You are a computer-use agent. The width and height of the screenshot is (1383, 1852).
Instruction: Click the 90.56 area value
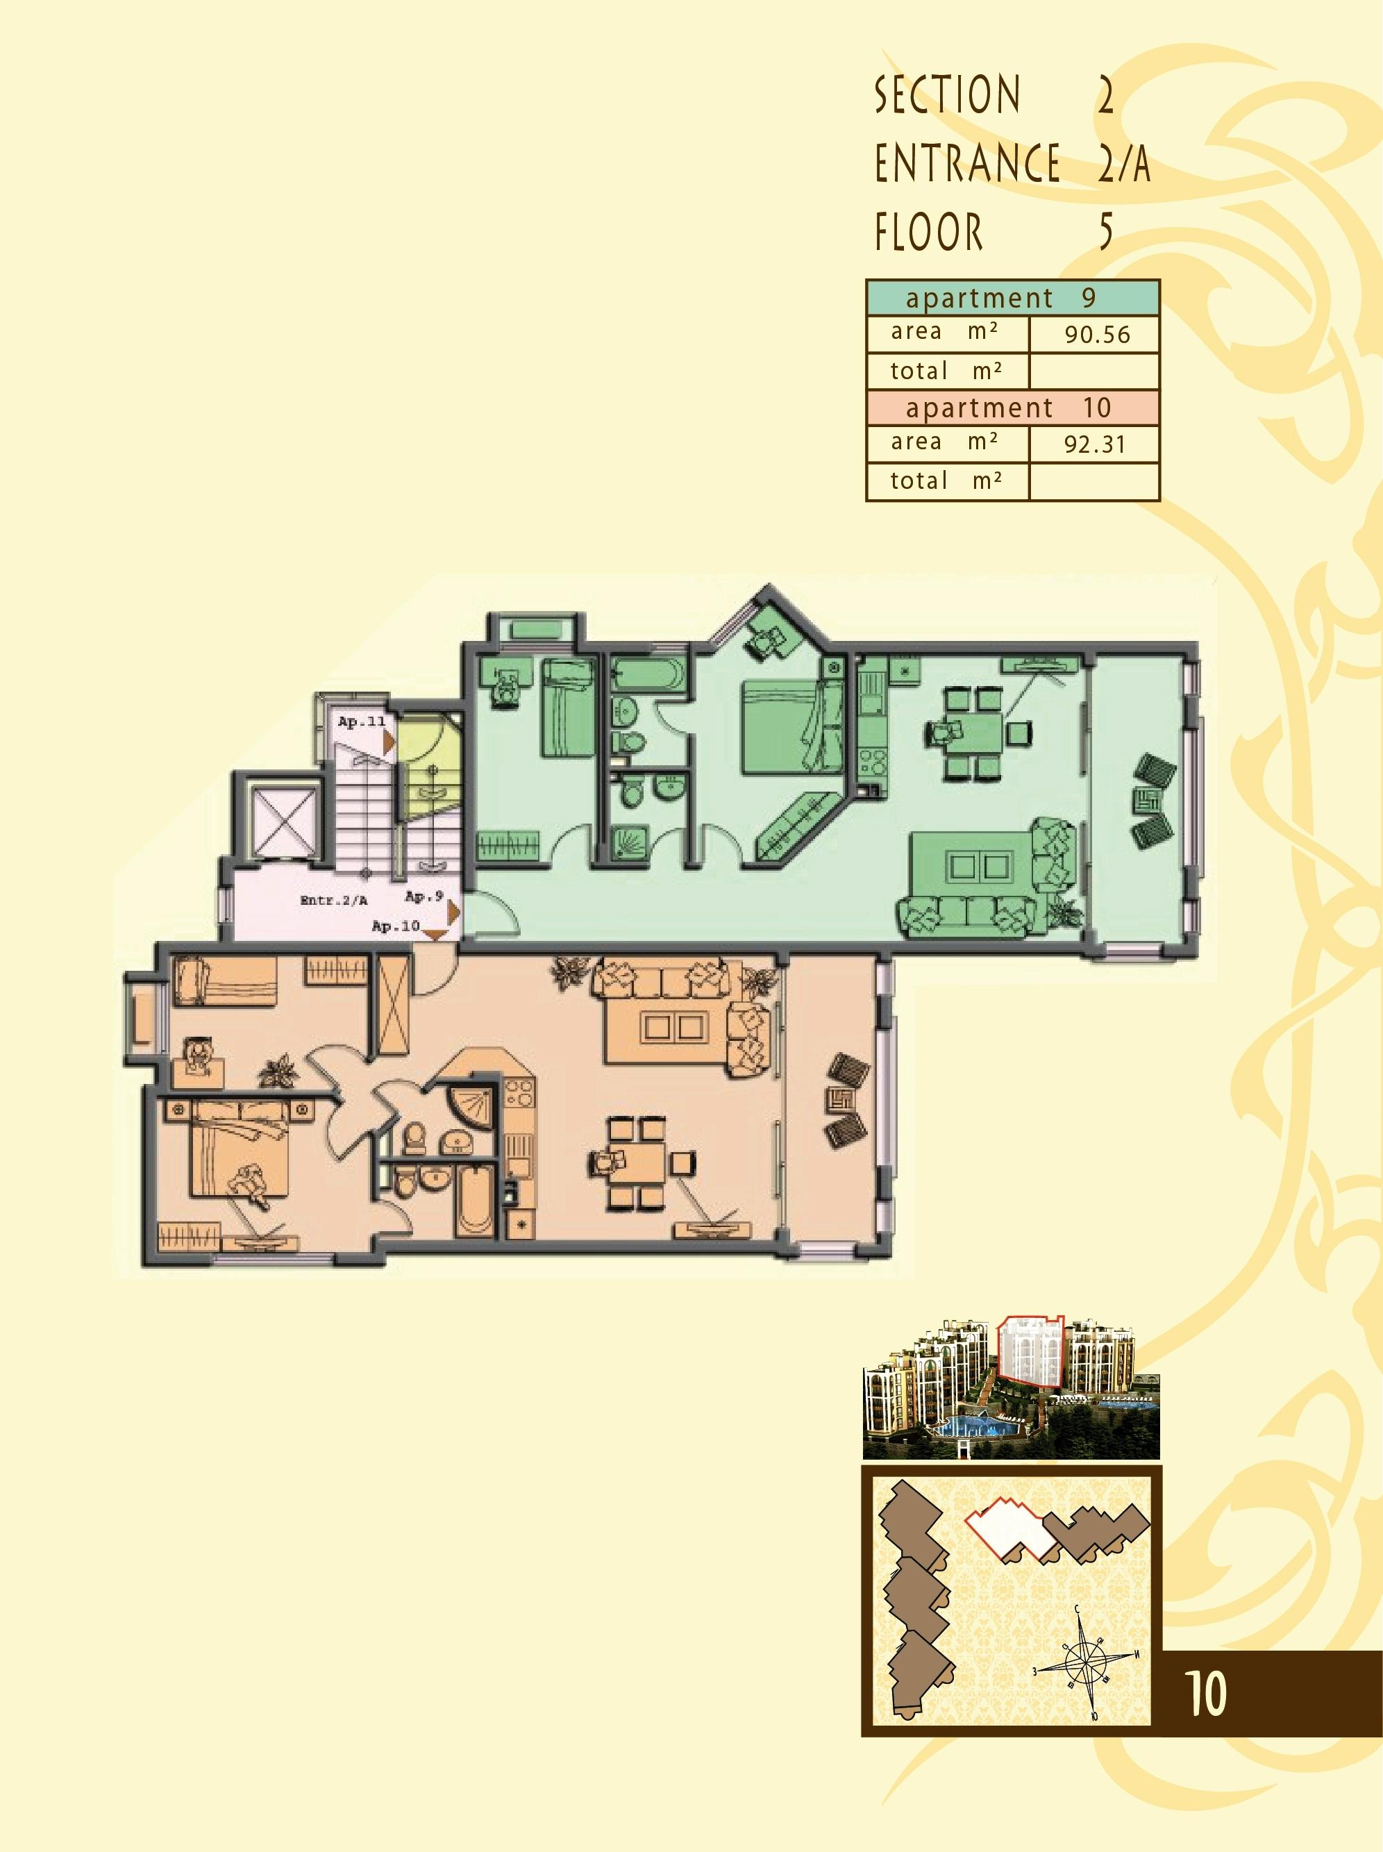coord(1097,335)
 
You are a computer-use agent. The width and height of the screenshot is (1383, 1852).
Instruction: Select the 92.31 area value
coord(1094,444)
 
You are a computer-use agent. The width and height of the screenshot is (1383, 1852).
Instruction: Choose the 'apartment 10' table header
coord(1012,408)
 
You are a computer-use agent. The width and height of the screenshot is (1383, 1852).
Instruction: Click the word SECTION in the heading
coord(948,94)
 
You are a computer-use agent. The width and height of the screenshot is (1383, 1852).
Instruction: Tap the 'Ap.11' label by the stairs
coord(362,721)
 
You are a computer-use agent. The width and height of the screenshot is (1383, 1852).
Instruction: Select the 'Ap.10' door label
coord(396,926)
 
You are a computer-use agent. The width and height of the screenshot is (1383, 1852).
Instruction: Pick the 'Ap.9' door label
coord(424,896)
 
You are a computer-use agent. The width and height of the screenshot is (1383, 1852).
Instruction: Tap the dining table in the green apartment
coord(972,733)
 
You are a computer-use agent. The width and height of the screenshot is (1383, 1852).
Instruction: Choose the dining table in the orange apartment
coord(637,1163)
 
